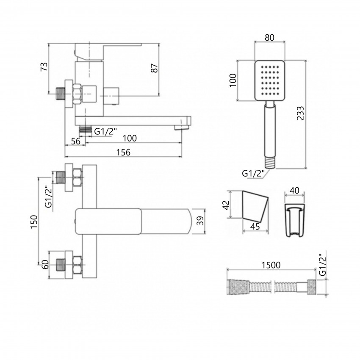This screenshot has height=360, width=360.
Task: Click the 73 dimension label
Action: coord(44,66)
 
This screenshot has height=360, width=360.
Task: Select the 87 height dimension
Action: coord(155,68)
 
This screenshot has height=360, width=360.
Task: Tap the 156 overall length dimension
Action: coord(123,152)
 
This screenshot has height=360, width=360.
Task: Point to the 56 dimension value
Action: coord(75,141)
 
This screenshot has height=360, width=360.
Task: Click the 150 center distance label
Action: coord(34,222)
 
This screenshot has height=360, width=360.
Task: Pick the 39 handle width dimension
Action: coord(200,221)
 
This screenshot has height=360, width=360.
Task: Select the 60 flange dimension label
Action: coord(45,264)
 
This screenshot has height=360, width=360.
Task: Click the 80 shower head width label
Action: coord(269,37)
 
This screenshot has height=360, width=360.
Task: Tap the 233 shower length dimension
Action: coord(300,113)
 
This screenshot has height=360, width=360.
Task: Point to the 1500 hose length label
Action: coord(271,265)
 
